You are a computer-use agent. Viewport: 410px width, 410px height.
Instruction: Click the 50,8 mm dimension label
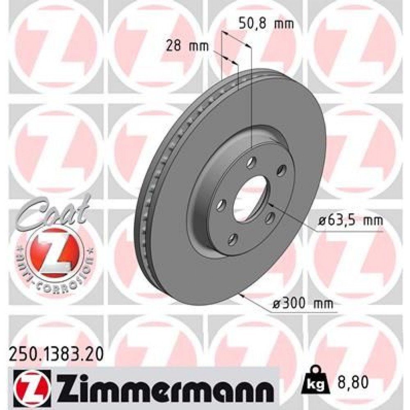[266, 24]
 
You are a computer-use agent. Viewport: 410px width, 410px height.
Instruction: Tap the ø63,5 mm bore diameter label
[350, 221]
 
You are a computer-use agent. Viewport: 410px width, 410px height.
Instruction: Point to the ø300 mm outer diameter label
[303, 304]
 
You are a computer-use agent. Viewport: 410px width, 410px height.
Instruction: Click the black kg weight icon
[317, 382]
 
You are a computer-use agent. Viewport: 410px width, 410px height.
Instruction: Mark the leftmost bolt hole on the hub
[221, 203]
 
